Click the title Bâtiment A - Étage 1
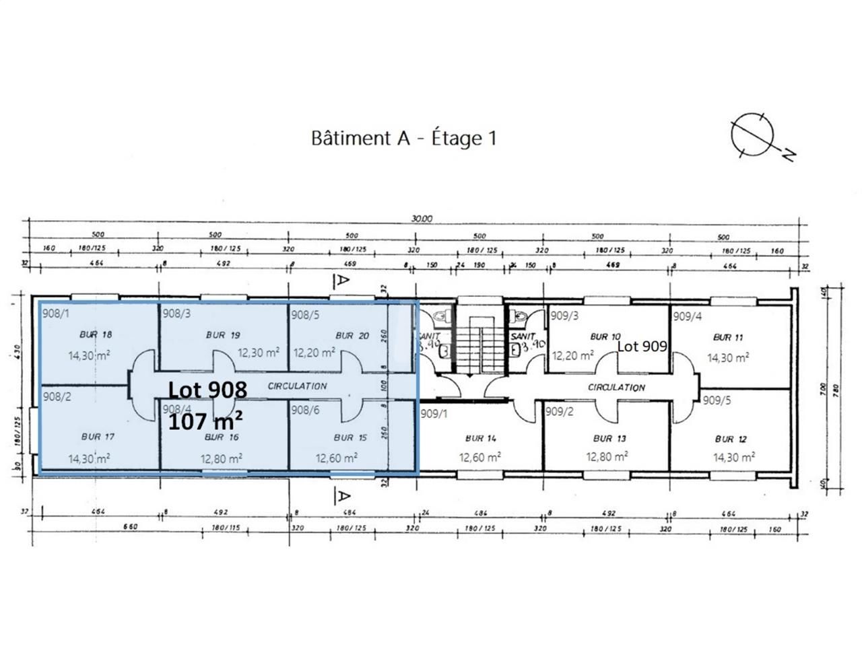tap(403, 138)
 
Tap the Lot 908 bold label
tap(207, 390)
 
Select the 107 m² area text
tap(205, 422)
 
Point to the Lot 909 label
tap(642, 347)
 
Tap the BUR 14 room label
tap(481, 439)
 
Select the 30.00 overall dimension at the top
tap(422, 219)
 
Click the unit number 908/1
tap(56, 313)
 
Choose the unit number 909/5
tap(717, 400)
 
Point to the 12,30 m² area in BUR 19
tap(258, 352)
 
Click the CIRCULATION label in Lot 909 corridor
tap(616, 388)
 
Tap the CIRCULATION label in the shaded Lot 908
tap(297, 386)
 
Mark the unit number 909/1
tap(434, 414)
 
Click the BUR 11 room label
tap(727, 337)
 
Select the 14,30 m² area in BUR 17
tap(90, 459)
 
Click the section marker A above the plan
tap(343, 279)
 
